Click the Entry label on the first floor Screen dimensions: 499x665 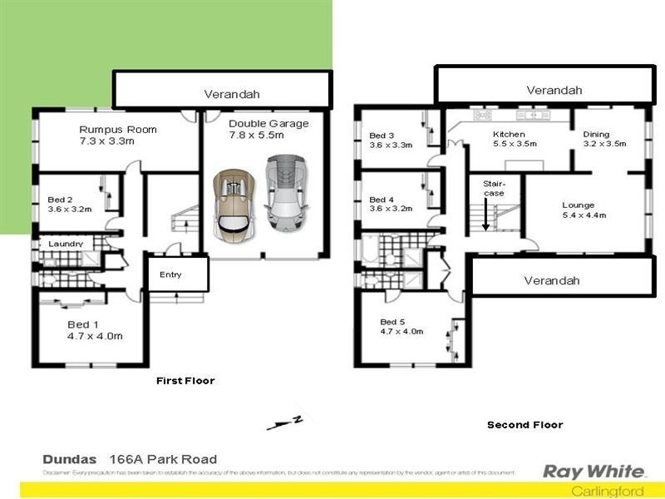coord(170,274)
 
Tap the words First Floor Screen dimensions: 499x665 coord(185,381)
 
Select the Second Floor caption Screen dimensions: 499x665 coord(525,425)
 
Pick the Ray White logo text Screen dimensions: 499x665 coord(583,472)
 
